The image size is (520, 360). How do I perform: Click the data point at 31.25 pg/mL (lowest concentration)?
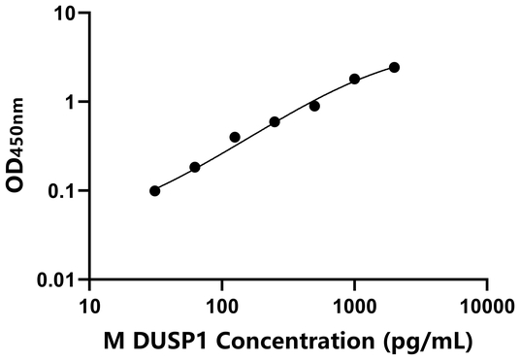point(155,190)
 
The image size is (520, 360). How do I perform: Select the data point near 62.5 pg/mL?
point(195,167)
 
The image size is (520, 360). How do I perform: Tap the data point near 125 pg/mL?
point(235,137)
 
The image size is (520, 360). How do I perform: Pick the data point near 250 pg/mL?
point(275,121)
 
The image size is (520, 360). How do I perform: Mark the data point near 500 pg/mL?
point(314,106)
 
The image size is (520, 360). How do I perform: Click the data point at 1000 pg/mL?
point(354,79)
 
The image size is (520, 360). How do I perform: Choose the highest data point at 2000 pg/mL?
point(394,67)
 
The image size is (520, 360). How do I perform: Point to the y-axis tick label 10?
point(65,14)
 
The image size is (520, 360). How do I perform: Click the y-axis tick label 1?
point(71,102)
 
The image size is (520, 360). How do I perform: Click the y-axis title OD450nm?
point(19,146)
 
